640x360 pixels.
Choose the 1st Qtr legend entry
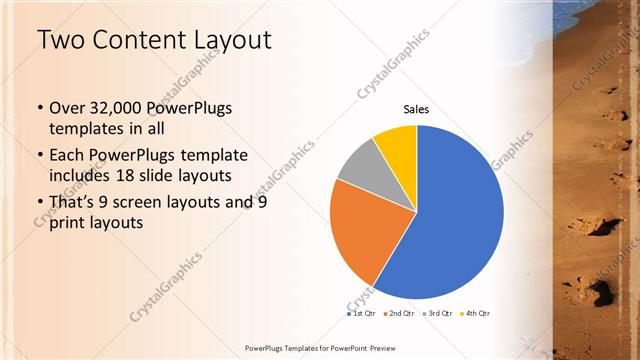pyautogui.click(x=361, y=314)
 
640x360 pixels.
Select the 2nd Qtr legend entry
pyautogui.click(x=401, y=314)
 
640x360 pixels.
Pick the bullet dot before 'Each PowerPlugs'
pyautogui.click(x=39, y=156)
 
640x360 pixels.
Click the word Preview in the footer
pyautogui.click(x=378, y=348)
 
